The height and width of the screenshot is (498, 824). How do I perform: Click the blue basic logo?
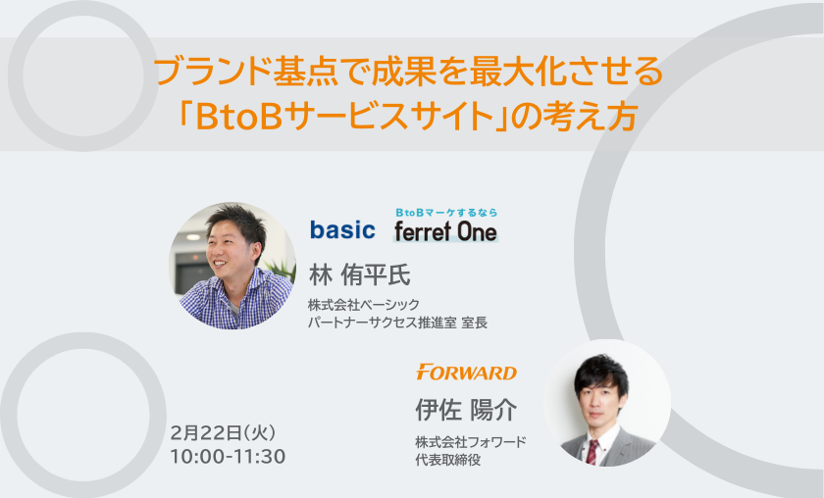tap(342, 230)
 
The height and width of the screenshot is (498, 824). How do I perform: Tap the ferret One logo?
tap(445, 231)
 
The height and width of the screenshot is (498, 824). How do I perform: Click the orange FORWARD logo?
tap(466, 372)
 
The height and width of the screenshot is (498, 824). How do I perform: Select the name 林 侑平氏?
tap(359, 274)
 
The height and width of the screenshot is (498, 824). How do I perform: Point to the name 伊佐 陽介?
tap(466, 409)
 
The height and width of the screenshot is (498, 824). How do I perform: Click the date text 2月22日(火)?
tap(223, 433)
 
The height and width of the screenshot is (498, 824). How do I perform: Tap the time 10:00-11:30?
tap(228, 456)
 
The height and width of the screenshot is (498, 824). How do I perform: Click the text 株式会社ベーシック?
tap(364, 304)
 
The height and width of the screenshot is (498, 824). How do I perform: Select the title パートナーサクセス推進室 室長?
tap(398, 322)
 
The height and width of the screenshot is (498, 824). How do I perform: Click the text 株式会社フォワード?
tap(471, 442)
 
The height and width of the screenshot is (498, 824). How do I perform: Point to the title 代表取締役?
tap(447, 460)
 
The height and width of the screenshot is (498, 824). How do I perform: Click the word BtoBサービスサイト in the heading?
tap(343, 116)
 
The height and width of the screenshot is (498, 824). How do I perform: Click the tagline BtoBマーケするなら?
tap(446, 212)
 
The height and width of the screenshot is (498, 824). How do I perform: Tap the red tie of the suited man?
tap(592, 452)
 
